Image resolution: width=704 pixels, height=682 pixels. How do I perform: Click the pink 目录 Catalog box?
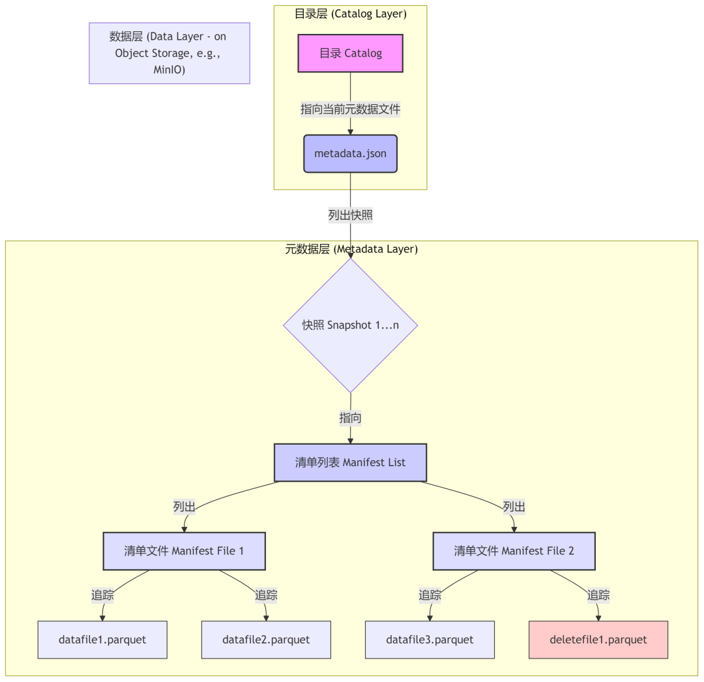pyautogui.click(x=350, y=53)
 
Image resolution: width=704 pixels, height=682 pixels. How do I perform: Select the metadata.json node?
pyautogui.click(x=350, y=154)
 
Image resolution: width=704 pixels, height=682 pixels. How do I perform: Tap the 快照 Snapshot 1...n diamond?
pyautogui.click(x=350, y=325)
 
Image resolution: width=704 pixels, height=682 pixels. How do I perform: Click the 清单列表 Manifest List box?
pyautogui.click(x=350, y=462)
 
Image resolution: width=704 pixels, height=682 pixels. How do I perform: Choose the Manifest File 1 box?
pyautogui.click(x=184, y=551)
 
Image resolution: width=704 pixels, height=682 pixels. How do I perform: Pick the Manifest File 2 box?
pyautogui.click(x=514, y=551)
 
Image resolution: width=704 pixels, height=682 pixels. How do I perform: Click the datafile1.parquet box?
pyautogui.click(x=102, y=640)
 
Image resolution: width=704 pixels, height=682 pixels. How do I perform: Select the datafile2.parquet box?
pyautogui.click(x=266, y=640)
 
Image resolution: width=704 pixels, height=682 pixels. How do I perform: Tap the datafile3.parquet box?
pyautogui.click(x=430, y=640)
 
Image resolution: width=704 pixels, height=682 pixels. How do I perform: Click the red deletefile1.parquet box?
pyautogui.click(x=598, y=640)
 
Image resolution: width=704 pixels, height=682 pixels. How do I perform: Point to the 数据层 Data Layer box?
pyautogui.click(x=169, y=53)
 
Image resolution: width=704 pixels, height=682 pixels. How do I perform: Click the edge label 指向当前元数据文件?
pyautogui.click(x=350, y=110)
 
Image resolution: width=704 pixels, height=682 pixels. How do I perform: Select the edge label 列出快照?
pyautogui.click(x=350, y=215)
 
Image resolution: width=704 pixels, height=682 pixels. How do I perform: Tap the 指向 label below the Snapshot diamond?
pyautogui.click(x=350, y=418)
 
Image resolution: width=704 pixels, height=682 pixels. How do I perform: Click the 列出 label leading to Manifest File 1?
pyautogui.click(x=184, y=507)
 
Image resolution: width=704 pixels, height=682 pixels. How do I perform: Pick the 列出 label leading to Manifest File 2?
pyautogui.click(x=514, y=507)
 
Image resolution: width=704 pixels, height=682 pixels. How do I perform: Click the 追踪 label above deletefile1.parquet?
pyautogui.click(x=598, y=595)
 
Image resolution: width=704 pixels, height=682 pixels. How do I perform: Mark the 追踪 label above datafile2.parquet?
pyautogui.click(x=266, y=595)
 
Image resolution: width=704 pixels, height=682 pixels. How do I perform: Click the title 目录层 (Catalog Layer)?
pyautogui.click(x=350, y=14)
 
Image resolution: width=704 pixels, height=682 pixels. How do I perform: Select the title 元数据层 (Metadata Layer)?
pyautogui.click(x=351, y=249)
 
